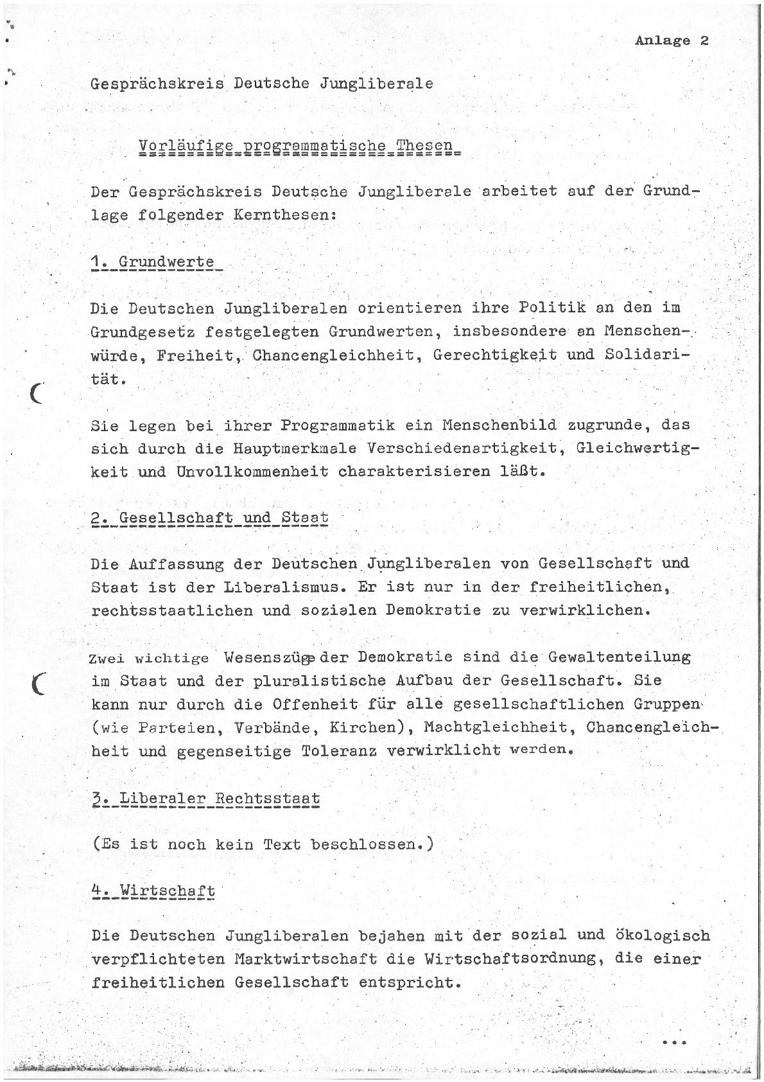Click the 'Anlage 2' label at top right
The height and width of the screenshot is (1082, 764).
point(672,40)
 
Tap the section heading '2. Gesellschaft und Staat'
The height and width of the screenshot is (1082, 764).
point(210,518)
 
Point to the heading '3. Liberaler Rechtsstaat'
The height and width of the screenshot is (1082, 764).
point(206,799)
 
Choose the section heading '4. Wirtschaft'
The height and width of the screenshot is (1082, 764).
point(153,891)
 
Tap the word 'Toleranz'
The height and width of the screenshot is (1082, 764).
point(336,750)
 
